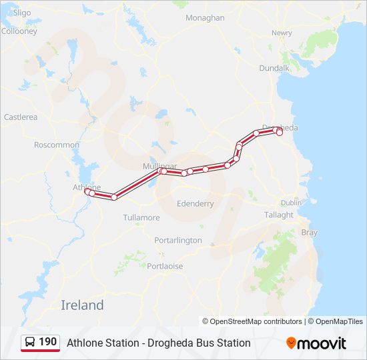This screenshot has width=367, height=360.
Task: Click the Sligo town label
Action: click(x=22, y=13)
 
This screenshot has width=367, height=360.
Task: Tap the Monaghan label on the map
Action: click(x=205, y=18)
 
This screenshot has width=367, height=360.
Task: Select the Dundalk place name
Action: click(x=274, y=68)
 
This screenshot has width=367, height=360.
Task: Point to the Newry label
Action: click(x=282, y=33)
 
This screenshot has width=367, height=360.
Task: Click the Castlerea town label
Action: click(x=21, y=117)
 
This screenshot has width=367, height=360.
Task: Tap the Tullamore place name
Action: click(x=141, y=218)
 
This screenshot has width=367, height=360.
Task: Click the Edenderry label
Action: click(x=196, y=203)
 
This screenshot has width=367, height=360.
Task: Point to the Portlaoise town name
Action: click(x=165, y=266)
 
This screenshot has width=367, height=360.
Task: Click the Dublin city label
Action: click(x=291, y=203)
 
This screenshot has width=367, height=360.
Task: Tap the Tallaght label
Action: click(x=278, y=215)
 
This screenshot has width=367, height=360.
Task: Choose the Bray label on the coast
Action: click(x=310, y=233)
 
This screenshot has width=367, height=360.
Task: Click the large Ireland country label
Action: click(x=82, y=305)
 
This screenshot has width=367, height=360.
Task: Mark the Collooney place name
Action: click(x=19, y=31)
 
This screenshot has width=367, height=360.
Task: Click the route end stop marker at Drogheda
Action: click(x=280, y=133)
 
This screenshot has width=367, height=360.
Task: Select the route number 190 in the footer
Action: click(x=47, y=342)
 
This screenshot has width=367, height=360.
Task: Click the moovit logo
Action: click(x=316, y=343)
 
